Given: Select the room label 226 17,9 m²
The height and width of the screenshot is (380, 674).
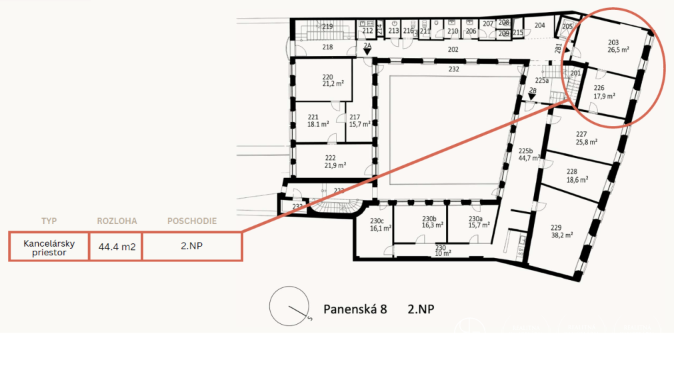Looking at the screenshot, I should pos(603,91).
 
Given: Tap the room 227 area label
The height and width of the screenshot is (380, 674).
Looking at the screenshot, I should pos(586,137).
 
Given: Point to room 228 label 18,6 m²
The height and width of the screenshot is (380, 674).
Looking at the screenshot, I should pos(577,175).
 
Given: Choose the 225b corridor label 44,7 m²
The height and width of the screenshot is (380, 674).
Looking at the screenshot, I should pos(528,154).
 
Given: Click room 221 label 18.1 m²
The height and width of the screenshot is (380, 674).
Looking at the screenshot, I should pos(317,120).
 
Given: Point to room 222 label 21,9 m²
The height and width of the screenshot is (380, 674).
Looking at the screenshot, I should pos(334,161).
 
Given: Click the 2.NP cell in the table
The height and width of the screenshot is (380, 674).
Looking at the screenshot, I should pos(192,246).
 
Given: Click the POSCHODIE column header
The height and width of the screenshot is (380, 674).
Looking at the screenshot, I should pos(191,221).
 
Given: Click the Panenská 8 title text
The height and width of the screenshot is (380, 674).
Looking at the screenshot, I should pos(355,309).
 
